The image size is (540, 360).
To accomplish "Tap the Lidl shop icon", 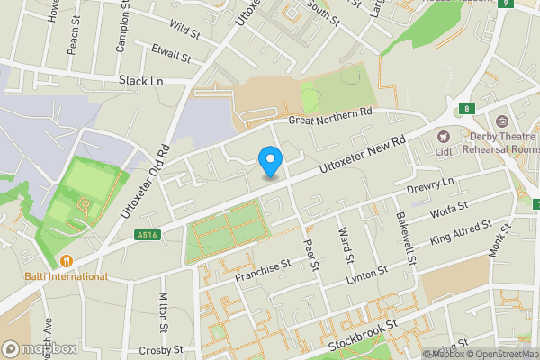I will point(443,136).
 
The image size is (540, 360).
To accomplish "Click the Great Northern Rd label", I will point(329,117).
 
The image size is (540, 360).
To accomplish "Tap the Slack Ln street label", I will point(140,81).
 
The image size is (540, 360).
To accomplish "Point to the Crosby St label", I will point(161,349).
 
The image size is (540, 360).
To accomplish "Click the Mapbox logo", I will point(39,348).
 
